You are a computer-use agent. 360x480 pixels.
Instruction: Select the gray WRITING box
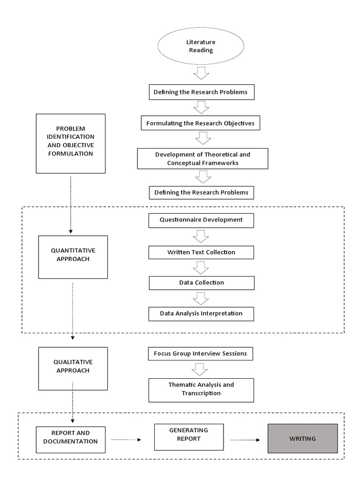click(302, 438)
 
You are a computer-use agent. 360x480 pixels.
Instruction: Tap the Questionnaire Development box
click(201, 220)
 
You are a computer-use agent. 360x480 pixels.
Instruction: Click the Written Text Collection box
click(201, 252)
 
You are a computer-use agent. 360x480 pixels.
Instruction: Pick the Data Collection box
click(201, 283)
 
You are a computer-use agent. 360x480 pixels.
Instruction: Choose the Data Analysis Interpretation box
click(201, 314)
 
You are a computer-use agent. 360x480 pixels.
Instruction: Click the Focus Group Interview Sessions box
click(200, 353)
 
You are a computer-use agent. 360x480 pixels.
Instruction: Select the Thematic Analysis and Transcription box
click(201, 389)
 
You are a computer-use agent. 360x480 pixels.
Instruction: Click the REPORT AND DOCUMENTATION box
click(70, 437)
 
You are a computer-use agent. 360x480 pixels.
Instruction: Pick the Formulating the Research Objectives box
click(200, 124)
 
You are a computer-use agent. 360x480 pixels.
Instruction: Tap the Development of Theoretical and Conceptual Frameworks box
click(202, 159)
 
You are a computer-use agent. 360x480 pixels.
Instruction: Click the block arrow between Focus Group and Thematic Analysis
click(201, 369)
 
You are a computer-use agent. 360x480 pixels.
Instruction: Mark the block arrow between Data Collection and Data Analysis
click(201, 298)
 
